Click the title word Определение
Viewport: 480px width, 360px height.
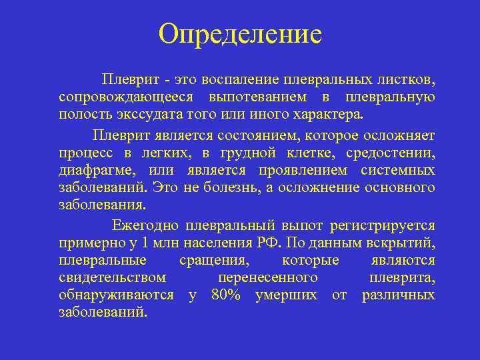pos(240,33)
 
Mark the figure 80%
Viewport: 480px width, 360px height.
pos(225,295)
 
